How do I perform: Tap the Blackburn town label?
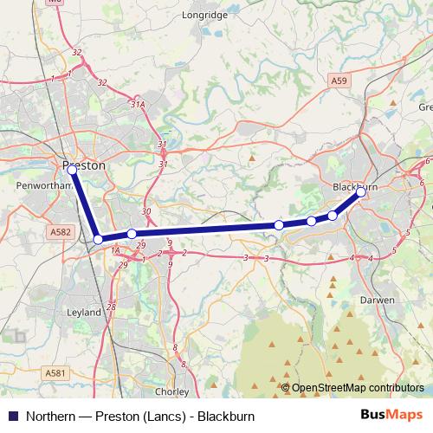pos(355,187)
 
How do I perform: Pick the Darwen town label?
pos(378,300)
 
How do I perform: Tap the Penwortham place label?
pos(36,184)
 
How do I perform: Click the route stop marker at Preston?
pos(73,171)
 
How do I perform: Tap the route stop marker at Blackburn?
pos(361,193)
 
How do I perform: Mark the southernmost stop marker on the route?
pos(99,239)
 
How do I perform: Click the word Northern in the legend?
pos(49,415)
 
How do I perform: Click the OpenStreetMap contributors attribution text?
pos(356,388)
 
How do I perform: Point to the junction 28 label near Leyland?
pos(111,307)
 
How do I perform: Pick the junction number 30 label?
pos(145,211)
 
